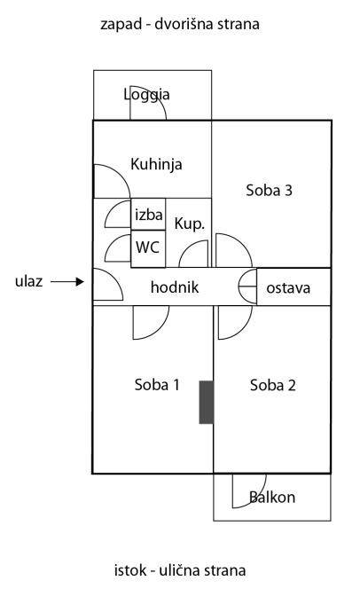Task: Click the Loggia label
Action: [146, 95]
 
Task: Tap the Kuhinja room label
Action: [156, 164]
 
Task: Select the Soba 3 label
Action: [270, 191]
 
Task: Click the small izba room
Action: [148, 214]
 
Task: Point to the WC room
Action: [148, 248]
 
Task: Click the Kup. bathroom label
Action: [190, 224]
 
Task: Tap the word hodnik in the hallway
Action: [175, 287]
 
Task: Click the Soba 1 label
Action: [157, 385]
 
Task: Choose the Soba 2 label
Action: [273, 385]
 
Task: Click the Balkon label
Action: [272, 498]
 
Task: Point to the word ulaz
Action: [29, 281]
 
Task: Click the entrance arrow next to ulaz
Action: [67, 281]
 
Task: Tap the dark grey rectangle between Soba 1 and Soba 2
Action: [207, 402]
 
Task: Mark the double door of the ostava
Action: [247, 286]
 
